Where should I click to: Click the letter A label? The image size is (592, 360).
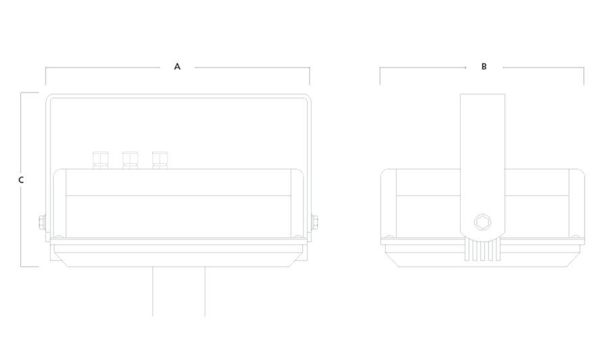click(177, 67)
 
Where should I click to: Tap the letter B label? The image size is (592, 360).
click(484, 67)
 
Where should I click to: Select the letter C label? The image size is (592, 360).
click(21, 180)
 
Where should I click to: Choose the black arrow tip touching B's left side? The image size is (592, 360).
click(463, 67)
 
